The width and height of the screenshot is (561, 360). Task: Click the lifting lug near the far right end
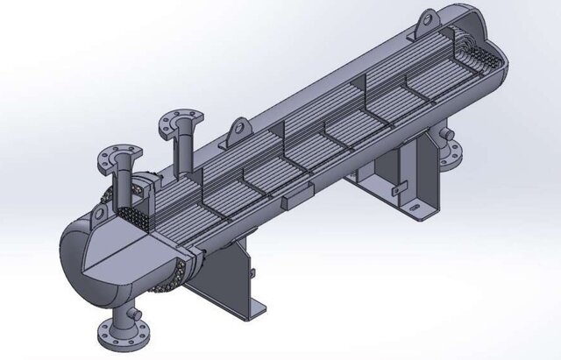pyautogui.click(x=427, y=18)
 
